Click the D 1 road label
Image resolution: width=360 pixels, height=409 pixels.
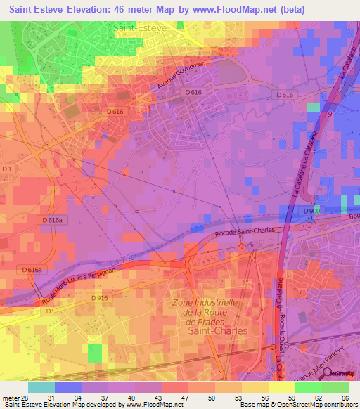[x=8, y=169]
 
